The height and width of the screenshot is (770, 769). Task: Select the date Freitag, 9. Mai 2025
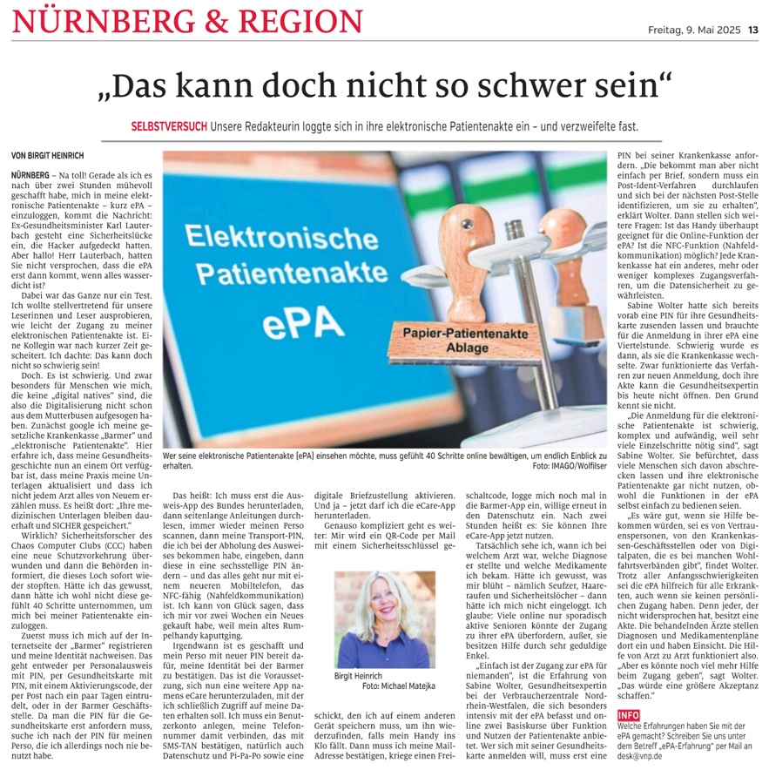click(693, 30)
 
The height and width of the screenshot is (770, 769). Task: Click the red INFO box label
click(628, 714)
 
